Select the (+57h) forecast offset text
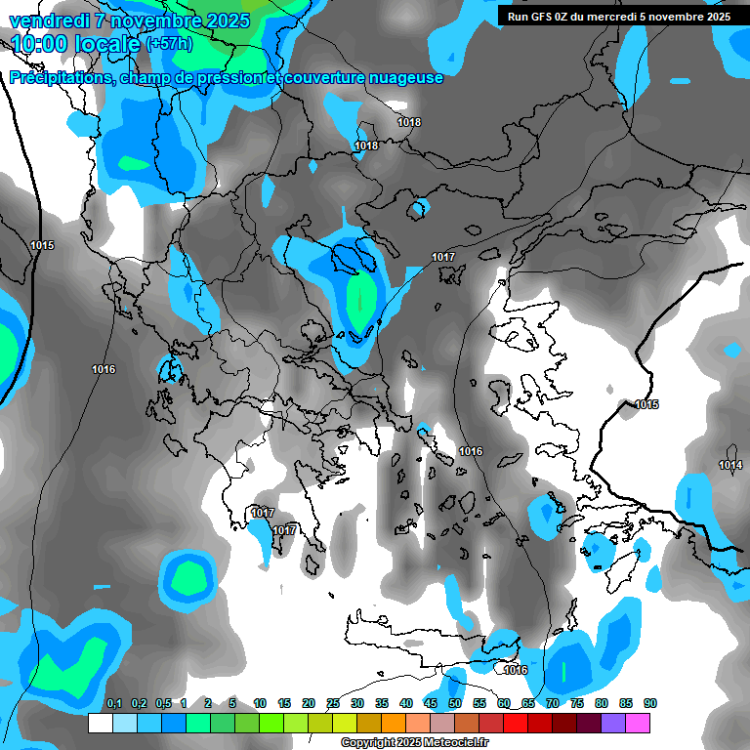169,44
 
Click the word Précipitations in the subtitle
61,78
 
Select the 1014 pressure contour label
729,465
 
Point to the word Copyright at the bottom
370,743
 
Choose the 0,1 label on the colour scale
114,704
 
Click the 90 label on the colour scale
650,704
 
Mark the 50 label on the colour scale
455,704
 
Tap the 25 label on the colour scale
333,704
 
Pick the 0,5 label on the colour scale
163,704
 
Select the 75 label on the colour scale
577,704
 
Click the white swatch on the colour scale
100,723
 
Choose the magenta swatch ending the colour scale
638,723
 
